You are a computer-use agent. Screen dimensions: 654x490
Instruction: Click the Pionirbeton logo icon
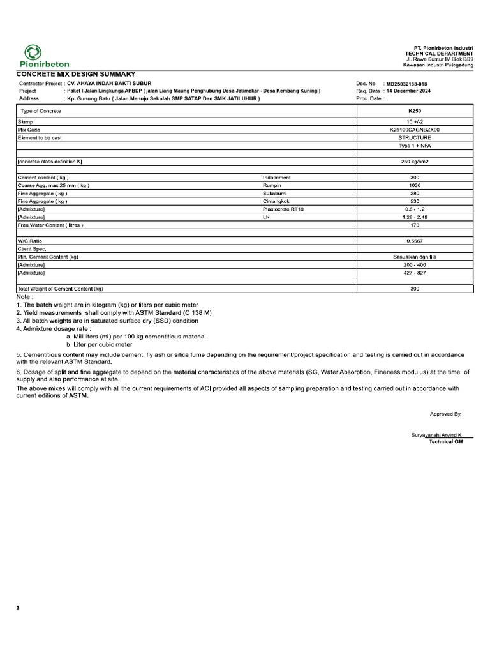click(33, 53)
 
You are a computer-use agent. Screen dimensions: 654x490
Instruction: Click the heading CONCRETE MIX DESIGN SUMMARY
click(75, 74)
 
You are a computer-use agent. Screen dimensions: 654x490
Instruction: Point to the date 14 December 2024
click(408, 91)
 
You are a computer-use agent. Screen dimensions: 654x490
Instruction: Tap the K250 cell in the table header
click(414, 111)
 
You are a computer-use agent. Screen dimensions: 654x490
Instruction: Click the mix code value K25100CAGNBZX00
click(414, 130)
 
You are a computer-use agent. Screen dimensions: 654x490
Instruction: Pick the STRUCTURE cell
click(414, 137)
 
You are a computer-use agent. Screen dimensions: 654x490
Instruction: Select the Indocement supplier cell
click(276, 177)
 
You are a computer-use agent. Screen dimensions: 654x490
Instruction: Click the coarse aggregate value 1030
click(414, 185)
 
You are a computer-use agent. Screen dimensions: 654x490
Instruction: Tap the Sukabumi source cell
click(274, 193)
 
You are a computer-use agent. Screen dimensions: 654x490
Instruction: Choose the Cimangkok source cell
click(276, 201)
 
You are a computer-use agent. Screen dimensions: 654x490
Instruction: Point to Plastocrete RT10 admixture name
click(283, 209)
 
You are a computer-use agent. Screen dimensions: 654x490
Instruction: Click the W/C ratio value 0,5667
click(414, 241)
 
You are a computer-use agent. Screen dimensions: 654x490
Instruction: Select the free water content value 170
click(414, 225)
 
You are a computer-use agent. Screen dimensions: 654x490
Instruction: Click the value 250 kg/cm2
click(414, 162)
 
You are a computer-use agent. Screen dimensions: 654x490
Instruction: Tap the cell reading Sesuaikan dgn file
click(414, 257)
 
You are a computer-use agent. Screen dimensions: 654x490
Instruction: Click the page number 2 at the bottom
click(18, 609)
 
